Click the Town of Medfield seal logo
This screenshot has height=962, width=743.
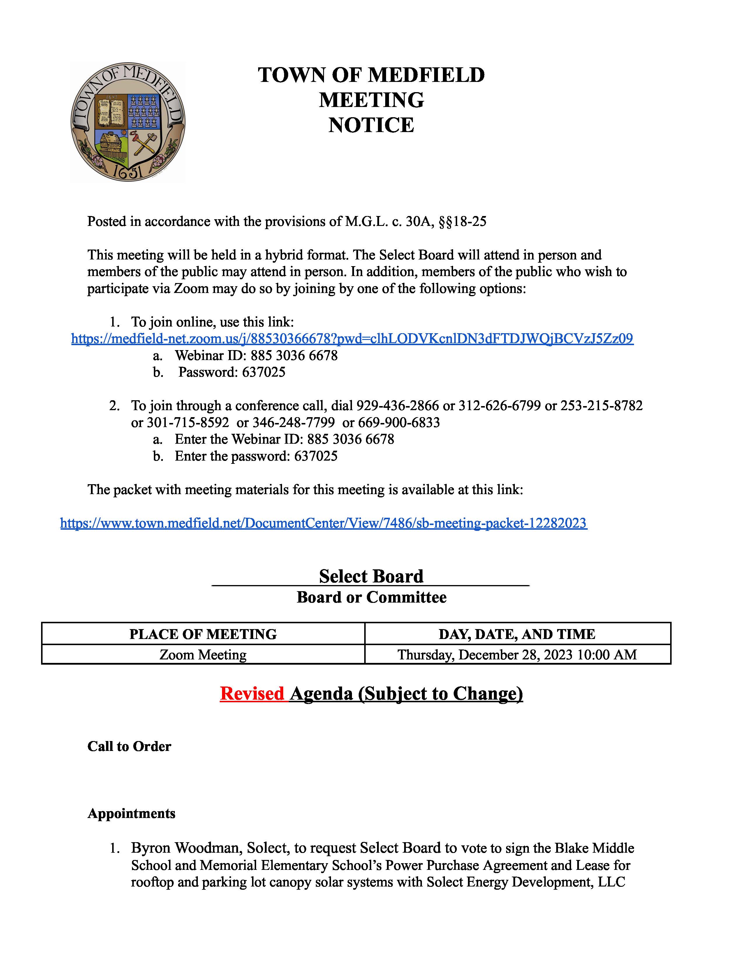(128, 122)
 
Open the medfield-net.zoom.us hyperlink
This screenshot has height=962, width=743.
(352, 339)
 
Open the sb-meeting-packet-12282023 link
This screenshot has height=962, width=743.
(323, 523)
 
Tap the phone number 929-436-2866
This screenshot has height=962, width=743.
(397, 406)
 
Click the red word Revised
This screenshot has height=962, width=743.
(252, 694)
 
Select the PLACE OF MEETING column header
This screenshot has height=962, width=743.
(203, 634)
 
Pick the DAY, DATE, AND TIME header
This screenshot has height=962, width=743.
(517, 634)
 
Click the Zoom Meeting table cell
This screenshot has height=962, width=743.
(203, 655)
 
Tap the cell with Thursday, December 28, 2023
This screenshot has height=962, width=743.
(517, 655)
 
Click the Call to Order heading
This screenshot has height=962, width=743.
(129, 747)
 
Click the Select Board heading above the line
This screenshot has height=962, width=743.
(371, 577)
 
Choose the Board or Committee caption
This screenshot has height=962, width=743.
(371, 598)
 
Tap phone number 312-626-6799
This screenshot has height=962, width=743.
(500, 406)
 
